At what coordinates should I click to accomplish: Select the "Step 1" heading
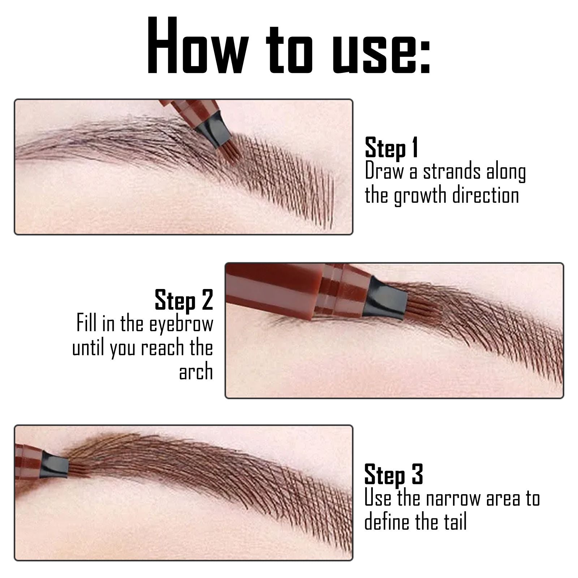click(x=391, y=148)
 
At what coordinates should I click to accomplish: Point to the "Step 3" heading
click(x=393, y=475)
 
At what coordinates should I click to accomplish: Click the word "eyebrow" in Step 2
click(x=181, y=324)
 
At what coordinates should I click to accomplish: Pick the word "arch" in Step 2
click(x=196, y=372)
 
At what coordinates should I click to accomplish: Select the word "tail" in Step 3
click(x=455, y=522)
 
